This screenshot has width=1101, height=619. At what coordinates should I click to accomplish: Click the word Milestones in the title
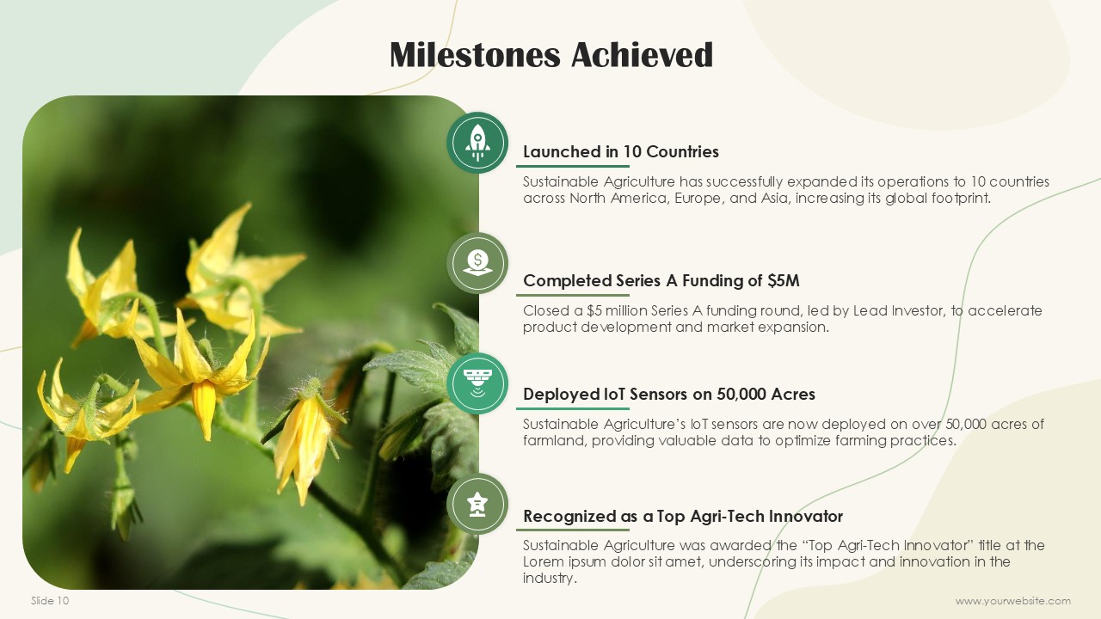[x=475, y=54]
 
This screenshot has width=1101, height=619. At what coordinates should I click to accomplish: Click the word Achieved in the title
[x=642, y=54]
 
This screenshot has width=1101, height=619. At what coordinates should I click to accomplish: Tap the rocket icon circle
[x=477, y=143]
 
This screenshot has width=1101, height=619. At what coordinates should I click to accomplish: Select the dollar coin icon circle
[x=477, y=263]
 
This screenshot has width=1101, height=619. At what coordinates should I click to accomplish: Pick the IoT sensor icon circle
[x=477, y=383]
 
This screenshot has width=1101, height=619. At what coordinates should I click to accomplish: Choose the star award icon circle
[x=477, y=504]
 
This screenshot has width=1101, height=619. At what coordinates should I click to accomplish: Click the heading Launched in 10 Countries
[x=621, y=151]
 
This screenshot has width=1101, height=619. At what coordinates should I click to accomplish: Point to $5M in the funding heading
[x=784, y=280]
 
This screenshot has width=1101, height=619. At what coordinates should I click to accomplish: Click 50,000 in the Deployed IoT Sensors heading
[x=741, y=394]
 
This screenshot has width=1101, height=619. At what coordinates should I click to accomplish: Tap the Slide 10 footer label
[x=50, y=600]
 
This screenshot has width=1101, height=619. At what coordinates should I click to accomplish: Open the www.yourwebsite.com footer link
[x=1013, y=601]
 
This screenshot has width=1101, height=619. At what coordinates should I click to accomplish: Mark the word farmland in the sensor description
[x=555, y=440]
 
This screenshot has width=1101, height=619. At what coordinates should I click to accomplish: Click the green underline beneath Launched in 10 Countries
[x=573, y=167]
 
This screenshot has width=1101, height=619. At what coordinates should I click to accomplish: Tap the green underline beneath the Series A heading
[x=573, y=295]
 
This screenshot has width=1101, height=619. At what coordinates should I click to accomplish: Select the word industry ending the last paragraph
[x=550, y=578]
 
